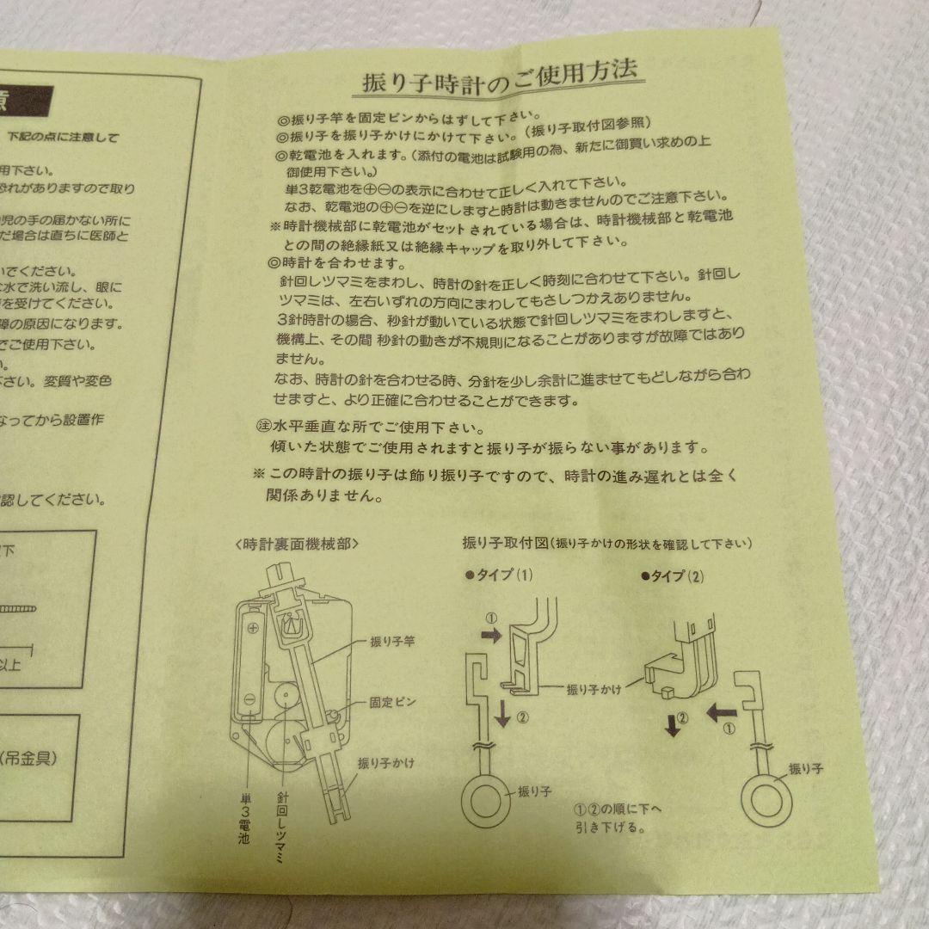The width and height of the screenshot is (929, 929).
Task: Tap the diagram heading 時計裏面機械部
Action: tap(296, 544)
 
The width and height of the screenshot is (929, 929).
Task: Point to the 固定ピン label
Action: tap(392, 701)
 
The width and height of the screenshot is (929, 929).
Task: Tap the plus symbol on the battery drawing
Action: tap(253, 628)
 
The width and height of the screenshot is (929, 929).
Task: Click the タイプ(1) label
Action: tap(501, 575)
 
